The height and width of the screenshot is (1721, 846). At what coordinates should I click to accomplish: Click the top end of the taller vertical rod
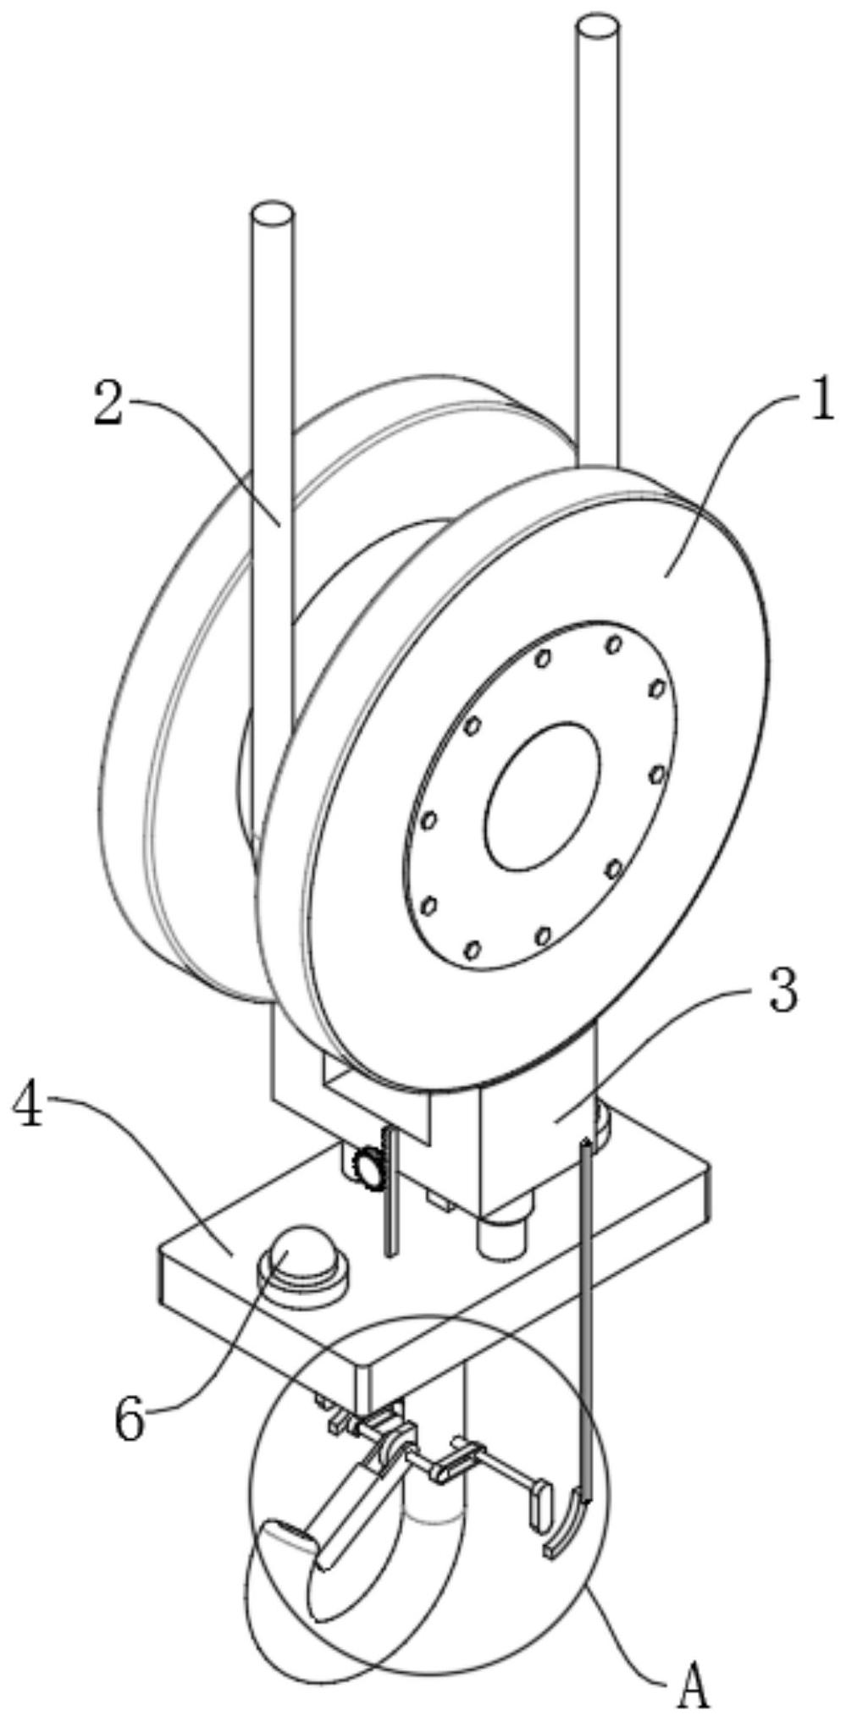(597, 30)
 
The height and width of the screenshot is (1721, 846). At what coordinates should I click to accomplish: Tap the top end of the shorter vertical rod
(274, 214)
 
